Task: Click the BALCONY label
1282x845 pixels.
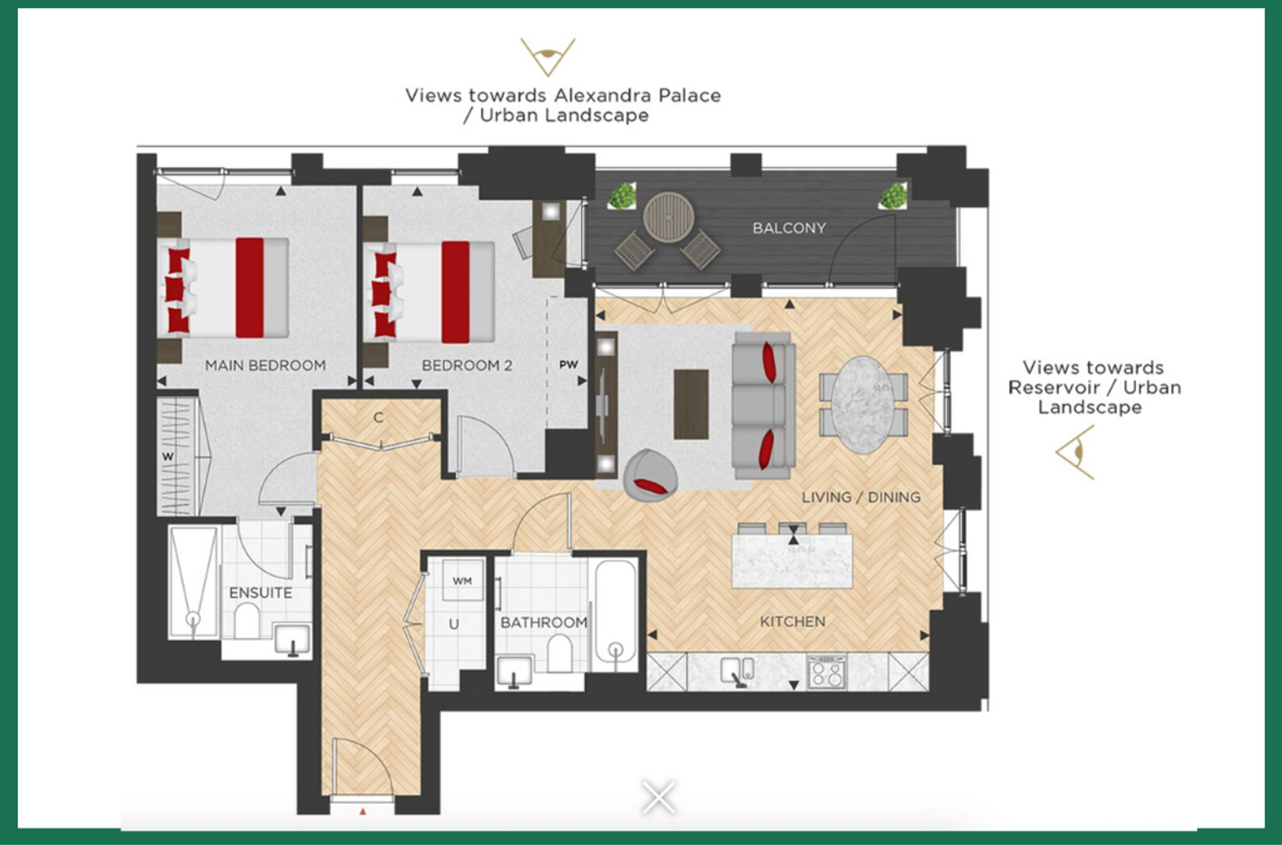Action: [x=788, y=228]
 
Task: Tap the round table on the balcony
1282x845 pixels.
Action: [x=669, y=217]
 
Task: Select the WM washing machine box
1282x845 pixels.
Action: [x=462, y=580]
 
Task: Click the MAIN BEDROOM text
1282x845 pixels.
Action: [x=265, y=365]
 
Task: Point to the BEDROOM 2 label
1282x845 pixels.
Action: [x=467, y=365]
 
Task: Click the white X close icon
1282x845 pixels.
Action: [x=659, y=797]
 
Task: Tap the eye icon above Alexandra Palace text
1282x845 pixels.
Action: [x=547, y=56]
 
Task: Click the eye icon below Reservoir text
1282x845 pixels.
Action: [x=1076, y=453]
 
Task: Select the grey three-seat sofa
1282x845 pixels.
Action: [x=763, y=405]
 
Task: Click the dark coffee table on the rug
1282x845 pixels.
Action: [x=691, y=405]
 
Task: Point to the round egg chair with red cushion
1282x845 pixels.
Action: [x=650, y=475]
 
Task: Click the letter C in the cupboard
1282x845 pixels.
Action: [x=378, y=418]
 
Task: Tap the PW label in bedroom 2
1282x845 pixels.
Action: [x=568, y=365]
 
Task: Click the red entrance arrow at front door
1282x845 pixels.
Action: [x=363, y=812]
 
